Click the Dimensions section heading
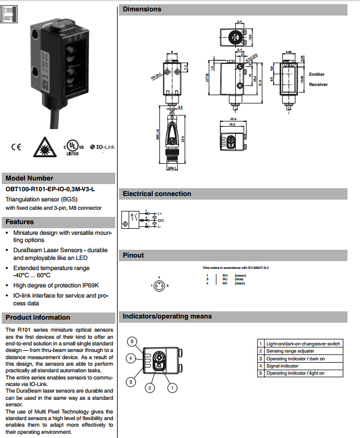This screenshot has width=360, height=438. coord(142,9)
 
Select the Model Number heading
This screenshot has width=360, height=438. coord(29,178)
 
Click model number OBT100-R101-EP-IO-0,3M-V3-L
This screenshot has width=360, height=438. coord(50,189)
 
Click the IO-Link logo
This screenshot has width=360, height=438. coord(101,147)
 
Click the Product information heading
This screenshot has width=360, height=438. coord(38,317)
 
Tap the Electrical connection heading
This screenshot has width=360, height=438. coord(156,194)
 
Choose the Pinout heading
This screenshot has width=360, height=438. coord(133,255)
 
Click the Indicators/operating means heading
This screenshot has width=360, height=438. coord(167,316)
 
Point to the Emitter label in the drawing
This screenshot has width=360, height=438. coord(317,74)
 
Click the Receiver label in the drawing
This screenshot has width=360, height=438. coord(318,85)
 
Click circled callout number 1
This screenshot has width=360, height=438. coord(173,387)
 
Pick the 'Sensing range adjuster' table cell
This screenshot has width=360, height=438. coord(290,351)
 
